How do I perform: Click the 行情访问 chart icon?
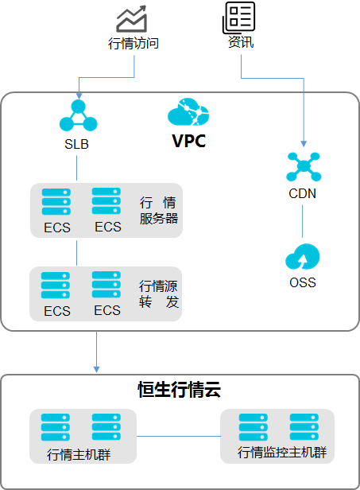tap(131, 19)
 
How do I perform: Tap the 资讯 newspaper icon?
tap(239, 17)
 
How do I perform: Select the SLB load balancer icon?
tap(79, 115)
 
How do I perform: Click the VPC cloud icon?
tap(188, 111)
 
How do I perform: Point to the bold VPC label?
tap(189, 141)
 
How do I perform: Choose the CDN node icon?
tap(304, 166)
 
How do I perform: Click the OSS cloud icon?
tap(303, 257)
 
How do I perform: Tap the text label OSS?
tap(303, 282)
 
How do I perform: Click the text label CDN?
tap(302, 193)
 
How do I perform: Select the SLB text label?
tap(76, 144)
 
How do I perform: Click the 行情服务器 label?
tap(159, 210)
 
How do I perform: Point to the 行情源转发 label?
tap(159, 294)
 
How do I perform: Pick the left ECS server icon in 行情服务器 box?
tap(56, 202)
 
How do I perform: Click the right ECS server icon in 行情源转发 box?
tap(106, 285)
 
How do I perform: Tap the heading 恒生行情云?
tap(180, 390)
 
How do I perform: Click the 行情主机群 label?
tap(79, 454)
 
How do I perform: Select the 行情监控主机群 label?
tap(282, 452)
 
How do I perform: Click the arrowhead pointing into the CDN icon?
tap(304, 144)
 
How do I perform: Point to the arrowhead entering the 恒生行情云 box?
tap(96, 369)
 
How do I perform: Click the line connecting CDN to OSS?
tap(302, 221)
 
